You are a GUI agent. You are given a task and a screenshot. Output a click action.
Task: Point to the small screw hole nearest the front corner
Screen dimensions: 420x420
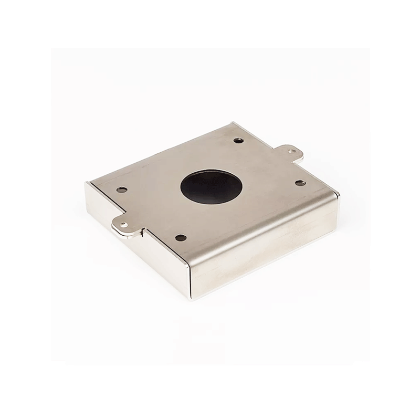point(181,238)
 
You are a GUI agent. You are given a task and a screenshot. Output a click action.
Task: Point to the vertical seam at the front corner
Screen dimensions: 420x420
point(190,278)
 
